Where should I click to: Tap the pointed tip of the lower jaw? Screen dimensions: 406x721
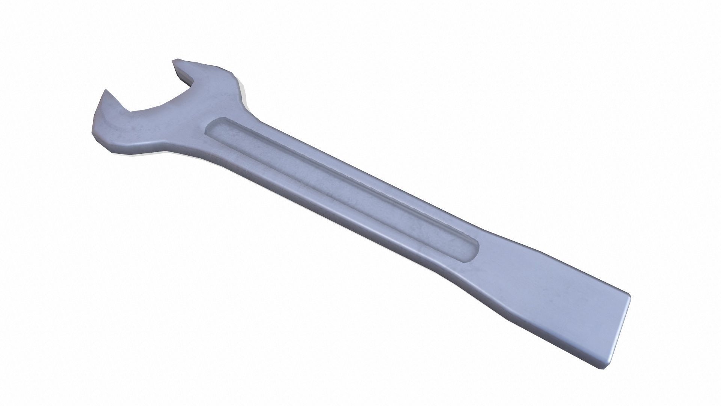tap(106, 91)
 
